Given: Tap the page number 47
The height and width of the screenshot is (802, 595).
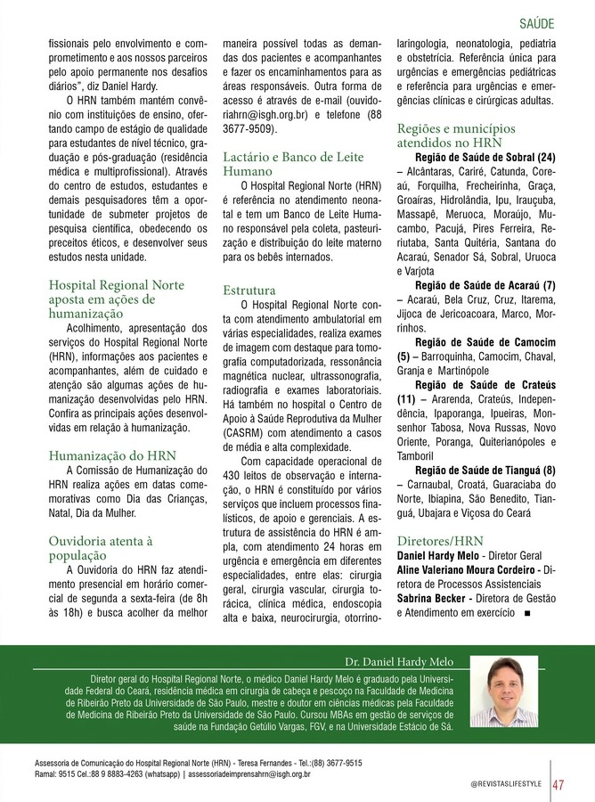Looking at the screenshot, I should tap(558, 783).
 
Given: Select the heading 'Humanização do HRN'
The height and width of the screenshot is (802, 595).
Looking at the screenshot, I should tap(112, 454).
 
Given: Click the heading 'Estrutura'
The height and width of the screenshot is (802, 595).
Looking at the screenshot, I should tap(249, 290).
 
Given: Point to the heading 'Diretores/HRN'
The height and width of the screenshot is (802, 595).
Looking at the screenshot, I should tap(440, 540).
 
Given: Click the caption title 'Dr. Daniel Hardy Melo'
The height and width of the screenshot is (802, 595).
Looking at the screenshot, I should tap(398, 661).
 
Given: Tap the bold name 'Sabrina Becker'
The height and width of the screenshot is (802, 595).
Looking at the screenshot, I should tap(432, 598).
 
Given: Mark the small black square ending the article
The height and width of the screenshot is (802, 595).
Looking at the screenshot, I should tap(529, 613).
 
